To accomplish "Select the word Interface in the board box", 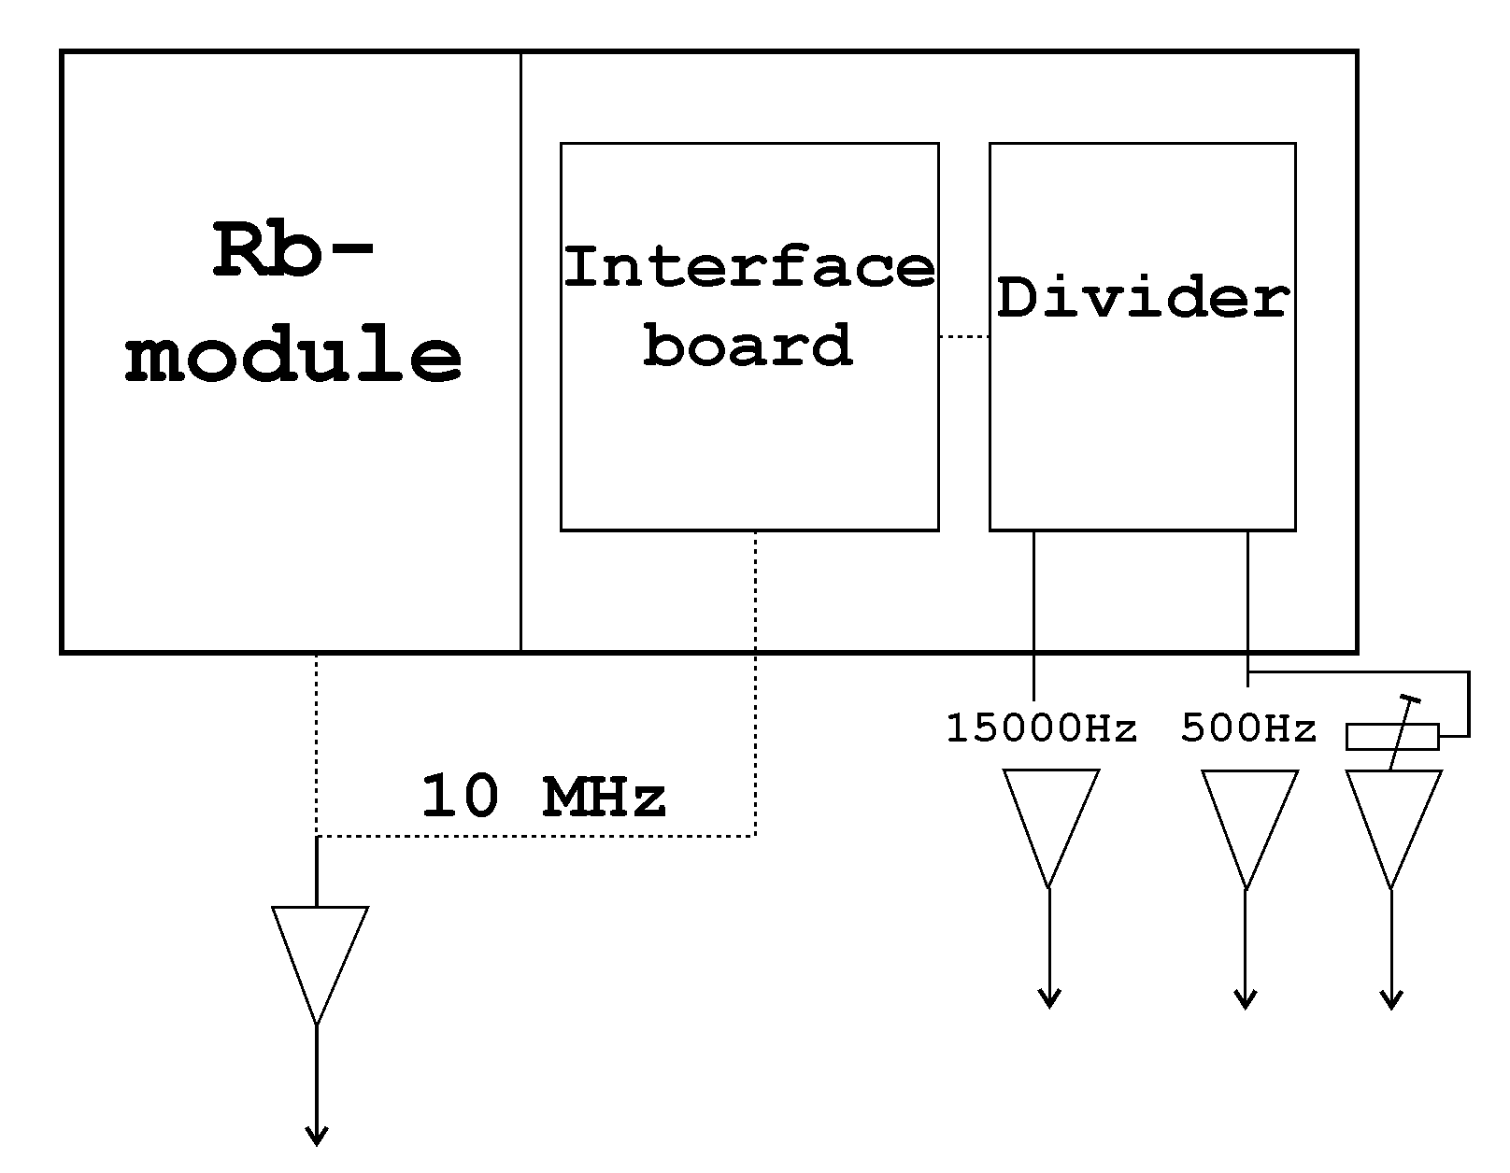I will [x=748, y=267].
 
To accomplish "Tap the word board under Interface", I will [x=748, y=345].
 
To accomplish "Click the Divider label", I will [x=1143, y=299].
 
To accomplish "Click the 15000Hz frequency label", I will [x=1042, y=728].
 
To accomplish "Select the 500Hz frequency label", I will [x=1248, y=728].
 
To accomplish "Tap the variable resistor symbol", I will [x=1392, y=737].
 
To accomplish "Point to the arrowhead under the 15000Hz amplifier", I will [x=1049, y=999].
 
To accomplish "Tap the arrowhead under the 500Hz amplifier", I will [x=1246, y=999].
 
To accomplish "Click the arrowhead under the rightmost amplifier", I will [x=1392, y=999].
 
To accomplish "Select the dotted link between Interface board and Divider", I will [x=964, y=337].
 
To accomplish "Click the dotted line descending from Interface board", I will [x=755, y=682].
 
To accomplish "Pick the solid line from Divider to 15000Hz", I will [x=1033, y=616].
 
